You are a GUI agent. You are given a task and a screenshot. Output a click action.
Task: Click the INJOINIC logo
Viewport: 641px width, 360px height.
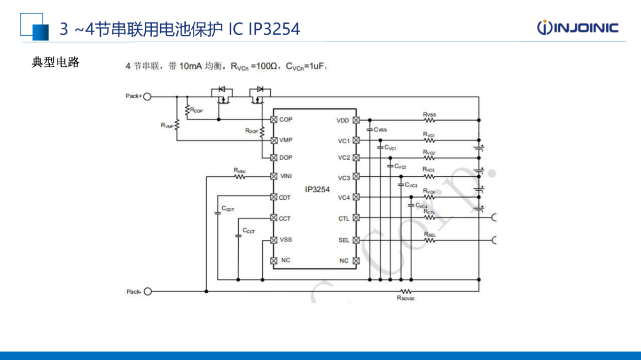[577, 28]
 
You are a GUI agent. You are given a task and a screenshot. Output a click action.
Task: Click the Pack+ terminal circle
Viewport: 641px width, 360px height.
[147, 97]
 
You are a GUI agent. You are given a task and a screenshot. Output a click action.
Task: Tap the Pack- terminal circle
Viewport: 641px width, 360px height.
[147, 291]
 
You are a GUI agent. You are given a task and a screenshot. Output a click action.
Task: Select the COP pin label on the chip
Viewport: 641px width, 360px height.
[286, 119]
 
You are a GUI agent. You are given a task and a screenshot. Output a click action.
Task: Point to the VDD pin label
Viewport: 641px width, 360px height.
[342, 120]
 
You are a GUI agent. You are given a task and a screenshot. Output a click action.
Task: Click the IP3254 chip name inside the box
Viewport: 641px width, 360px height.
[317, 190]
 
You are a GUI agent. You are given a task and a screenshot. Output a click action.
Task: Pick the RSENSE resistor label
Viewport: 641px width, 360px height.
[405, 299]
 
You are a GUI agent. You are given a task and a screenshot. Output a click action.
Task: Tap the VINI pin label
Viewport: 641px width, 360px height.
[287, 176]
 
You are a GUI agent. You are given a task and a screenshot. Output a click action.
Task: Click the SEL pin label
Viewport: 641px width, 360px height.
[343, 240]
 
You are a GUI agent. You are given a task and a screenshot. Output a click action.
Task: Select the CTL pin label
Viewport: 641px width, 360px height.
[343, 218]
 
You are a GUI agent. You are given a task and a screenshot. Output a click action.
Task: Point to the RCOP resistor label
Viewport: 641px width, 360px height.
[197, 111]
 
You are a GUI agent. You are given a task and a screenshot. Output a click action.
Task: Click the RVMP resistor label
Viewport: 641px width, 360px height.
[167, 125]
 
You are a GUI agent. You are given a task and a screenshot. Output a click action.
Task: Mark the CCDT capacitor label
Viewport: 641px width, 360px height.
[228, 209]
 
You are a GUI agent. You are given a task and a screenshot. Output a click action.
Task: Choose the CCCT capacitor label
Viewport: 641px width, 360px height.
[249, 231]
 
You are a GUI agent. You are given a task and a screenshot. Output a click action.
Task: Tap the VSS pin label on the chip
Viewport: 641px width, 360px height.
[286, 239]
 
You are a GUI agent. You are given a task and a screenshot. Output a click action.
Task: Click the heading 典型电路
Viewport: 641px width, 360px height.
[56, 62]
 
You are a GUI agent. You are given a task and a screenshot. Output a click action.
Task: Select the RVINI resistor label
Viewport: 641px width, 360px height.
[239, 170]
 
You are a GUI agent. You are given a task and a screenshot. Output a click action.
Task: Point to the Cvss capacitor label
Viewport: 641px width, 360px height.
[380, 129]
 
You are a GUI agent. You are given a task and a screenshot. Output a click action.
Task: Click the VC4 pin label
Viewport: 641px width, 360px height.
[343, 198]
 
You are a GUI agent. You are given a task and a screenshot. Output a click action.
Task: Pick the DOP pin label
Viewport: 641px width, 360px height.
[286, 158]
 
